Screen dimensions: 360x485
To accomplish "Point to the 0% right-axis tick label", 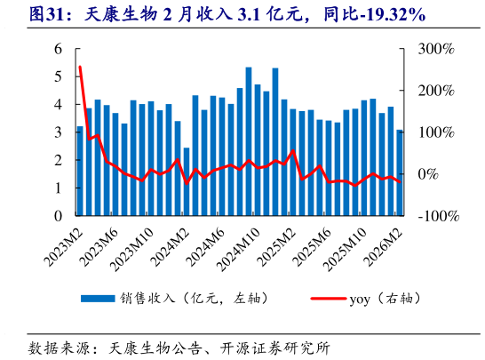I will pyautogui.click(x=426, y=174).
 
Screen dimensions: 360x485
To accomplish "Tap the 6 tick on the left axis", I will pyautogui.click(x=58, y=49).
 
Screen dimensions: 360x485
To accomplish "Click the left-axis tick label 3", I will pyautogui.click(x=58, y=132).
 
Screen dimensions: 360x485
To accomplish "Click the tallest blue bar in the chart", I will pyautogui.click(x=249, y=141).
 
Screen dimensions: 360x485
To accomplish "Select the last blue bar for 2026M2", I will pyautogui.click(x=400, y=172).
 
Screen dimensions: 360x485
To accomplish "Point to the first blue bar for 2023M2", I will pyautogui.click(x=80, y=171).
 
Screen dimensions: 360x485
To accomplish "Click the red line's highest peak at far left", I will pyautogui.click(x=80, y=67).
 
